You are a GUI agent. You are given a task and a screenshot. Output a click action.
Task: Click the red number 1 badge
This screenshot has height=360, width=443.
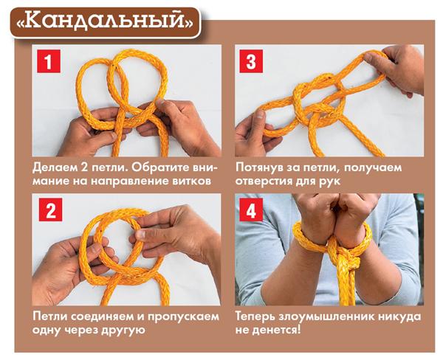click(x=49, y=61)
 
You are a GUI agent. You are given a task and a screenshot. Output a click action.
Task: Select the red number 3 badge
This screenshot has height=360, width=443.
click(x=251, y=61)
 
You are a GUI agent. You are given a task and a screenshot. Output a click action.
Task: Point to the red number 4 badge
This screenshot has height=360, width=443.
click(x=251, y=210)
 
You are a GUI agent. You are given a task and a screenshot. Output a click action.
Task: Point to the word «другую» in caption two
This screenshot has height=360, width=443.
click(x=123, y=330)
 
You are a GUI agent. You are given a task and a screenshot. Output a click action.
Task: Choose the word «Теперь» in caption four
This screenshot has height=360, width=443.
click(x=255, y=316)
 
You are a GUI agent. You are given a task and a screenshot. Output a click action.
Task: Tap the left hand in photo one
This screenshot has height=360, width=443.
click(x=91, y=132)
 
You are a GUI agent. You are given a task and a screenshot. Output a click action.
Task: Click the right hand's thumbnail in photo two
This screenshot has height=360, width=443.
click(x=140, y=234)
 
